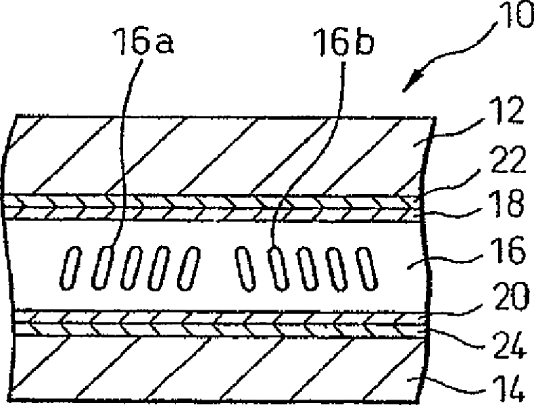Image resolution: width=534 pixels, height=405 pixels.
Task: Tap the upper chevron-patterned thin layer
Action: tap(216, 206)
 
